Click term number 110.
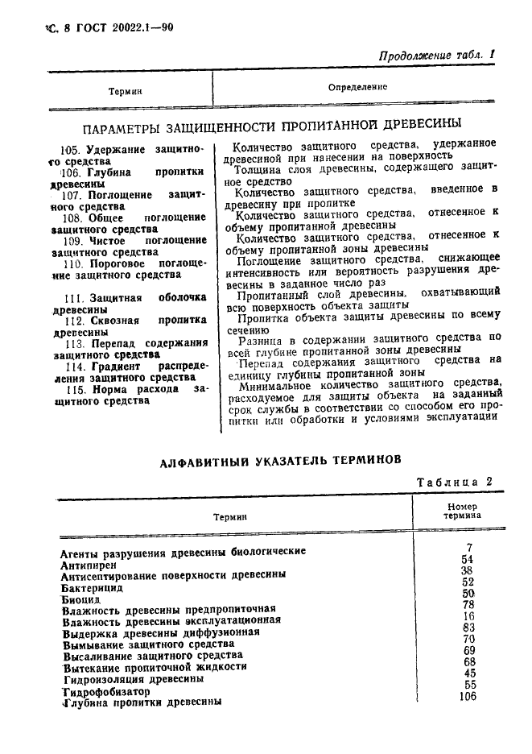click(95, 263)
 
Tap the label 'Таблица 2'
click(453, 483)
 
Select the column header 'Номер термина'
click(462, 511)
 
